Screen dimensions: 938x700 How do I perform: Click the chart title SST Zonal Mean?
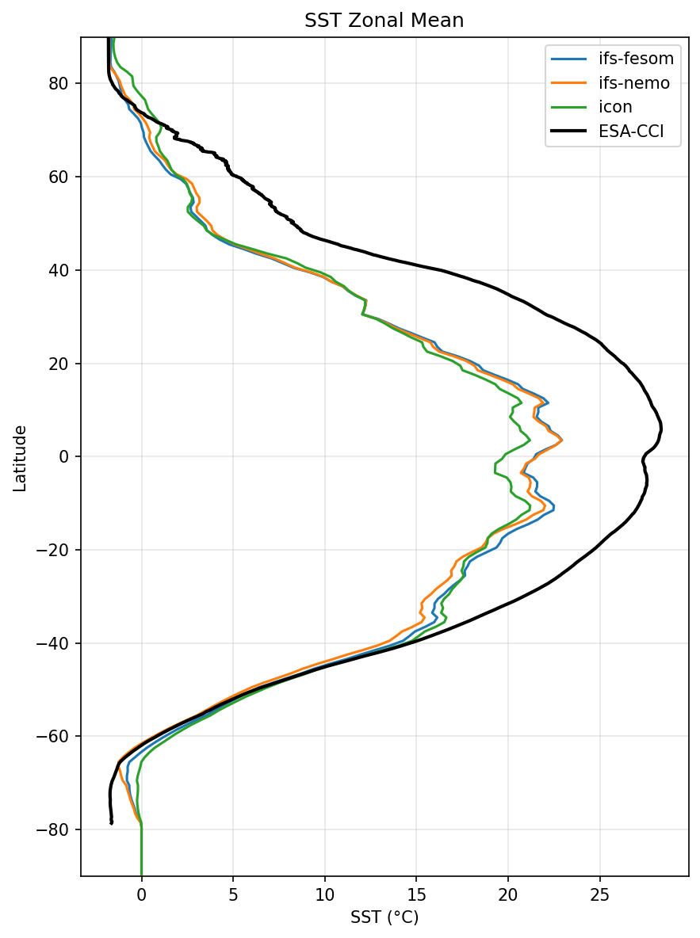tap(384, 21)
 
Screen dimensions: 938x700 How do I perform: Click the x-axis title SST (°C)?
tap(384, 917)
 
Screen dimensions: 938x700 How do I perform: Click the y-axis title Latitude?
tap(20, 458)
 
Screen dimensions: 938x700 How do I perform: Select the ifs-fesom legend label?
tap(637, 57)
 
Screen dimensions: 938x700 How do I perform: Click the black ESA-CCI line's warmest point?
tap(661, 429)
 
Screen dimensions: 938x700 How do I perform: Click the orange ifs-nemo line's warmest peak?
tap(561, 440)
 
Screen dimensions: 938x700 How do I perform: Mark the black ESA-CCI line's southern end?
tap(112, 823)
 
